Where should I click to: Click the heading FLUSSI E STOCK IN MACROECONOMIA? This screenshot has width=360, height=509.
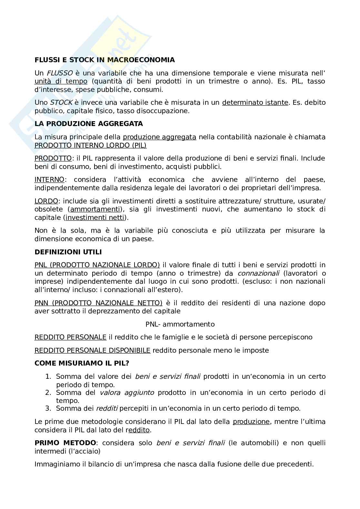click(105, 60)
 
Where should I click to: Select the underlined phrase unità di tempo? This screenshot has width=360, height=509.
click(61, 81)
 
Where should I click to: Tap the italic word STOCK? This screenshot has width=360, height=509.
click(61, 103)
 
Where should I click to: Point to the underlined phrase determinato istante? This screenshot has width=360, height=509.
click(255, 103)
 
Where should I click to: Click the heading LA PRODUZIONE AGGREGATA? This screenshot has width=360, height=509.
click(89, 124)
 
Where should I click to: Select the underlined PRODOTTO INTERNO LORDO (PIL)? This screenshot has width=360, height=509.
click(90, 145)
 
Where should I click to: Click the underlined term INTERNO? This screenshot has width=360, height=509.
click(49, 180)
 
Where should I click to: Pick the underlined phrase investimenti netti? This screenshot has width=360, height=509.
click(95, 218)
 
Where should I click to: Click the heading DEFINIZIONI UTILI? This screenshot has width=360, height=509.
click(68, 252)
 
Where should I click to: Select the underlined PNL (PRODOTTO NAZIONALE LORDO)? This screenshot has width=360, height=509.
click(97, 265)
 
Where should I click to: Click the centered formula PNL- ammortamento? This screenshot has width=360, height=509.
click(180, 324)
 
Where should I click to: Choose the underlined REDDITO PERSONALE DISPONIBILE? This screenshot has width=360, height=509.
click(92, 350)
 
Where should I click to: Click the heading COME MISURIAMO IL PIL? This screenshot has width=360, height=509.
click(82, 363)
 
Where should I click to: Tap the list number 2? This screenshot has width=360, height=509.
click(48, 393)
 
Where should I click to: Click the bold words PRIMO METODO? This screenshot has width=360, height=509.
click(65, 443)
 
